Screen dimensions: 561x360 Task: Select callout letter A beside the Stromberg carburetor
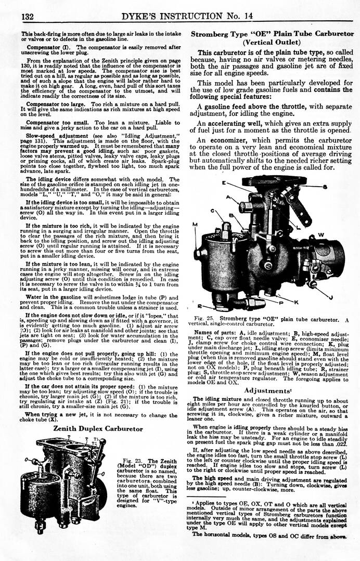point(229,198)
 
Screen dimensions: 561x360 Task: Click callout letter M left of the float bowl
point(195,225)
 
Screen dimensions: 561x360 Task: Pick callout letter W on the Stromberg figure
point(322,234)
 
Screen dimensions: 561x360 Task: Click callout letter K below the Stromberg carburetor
point(295,302)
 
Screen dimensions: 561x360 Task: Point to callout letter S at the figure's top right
point(324,187)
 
